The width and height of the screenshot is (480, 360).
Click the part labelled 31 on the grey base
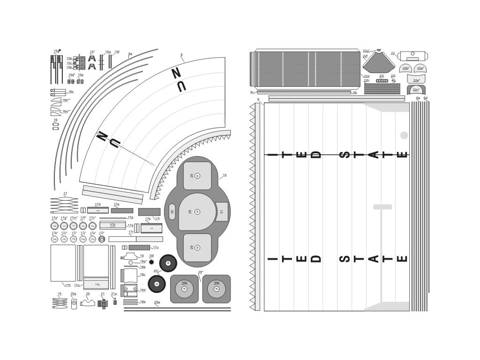221,212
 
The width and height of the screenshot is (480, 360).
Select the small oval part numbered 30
172,212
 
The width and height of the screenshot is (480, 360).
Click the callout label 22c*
416,90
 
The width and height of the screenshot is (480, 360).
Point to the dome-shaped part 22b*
406,68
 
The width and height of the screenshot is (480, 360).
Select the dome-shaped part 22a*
420,68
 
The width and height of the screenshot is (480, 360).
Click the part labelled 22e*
415,80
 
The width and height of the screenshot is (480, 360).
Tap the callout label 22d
367,76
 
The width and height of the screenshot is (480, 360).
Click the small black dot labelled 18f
151,262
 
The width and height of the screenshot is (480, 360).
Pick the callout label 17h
67,285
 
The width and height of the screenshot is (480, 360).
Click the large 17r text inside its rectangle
112,225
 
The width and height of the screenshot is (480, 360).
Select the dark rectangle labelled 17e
123,210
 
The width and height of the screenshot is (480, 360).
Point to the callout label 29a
157,302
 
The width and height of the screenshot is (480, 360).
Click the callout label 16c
71,92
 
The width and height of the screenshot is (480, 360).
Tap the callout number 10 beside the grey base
225,175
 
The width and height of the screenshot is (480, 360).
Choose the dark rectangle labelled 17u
139,247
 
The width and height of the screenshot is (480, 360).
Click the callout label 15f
117,52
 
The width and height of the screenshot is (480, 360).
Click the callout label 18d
142,290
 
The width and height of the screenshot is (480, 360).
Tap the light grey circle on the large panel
404,136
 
